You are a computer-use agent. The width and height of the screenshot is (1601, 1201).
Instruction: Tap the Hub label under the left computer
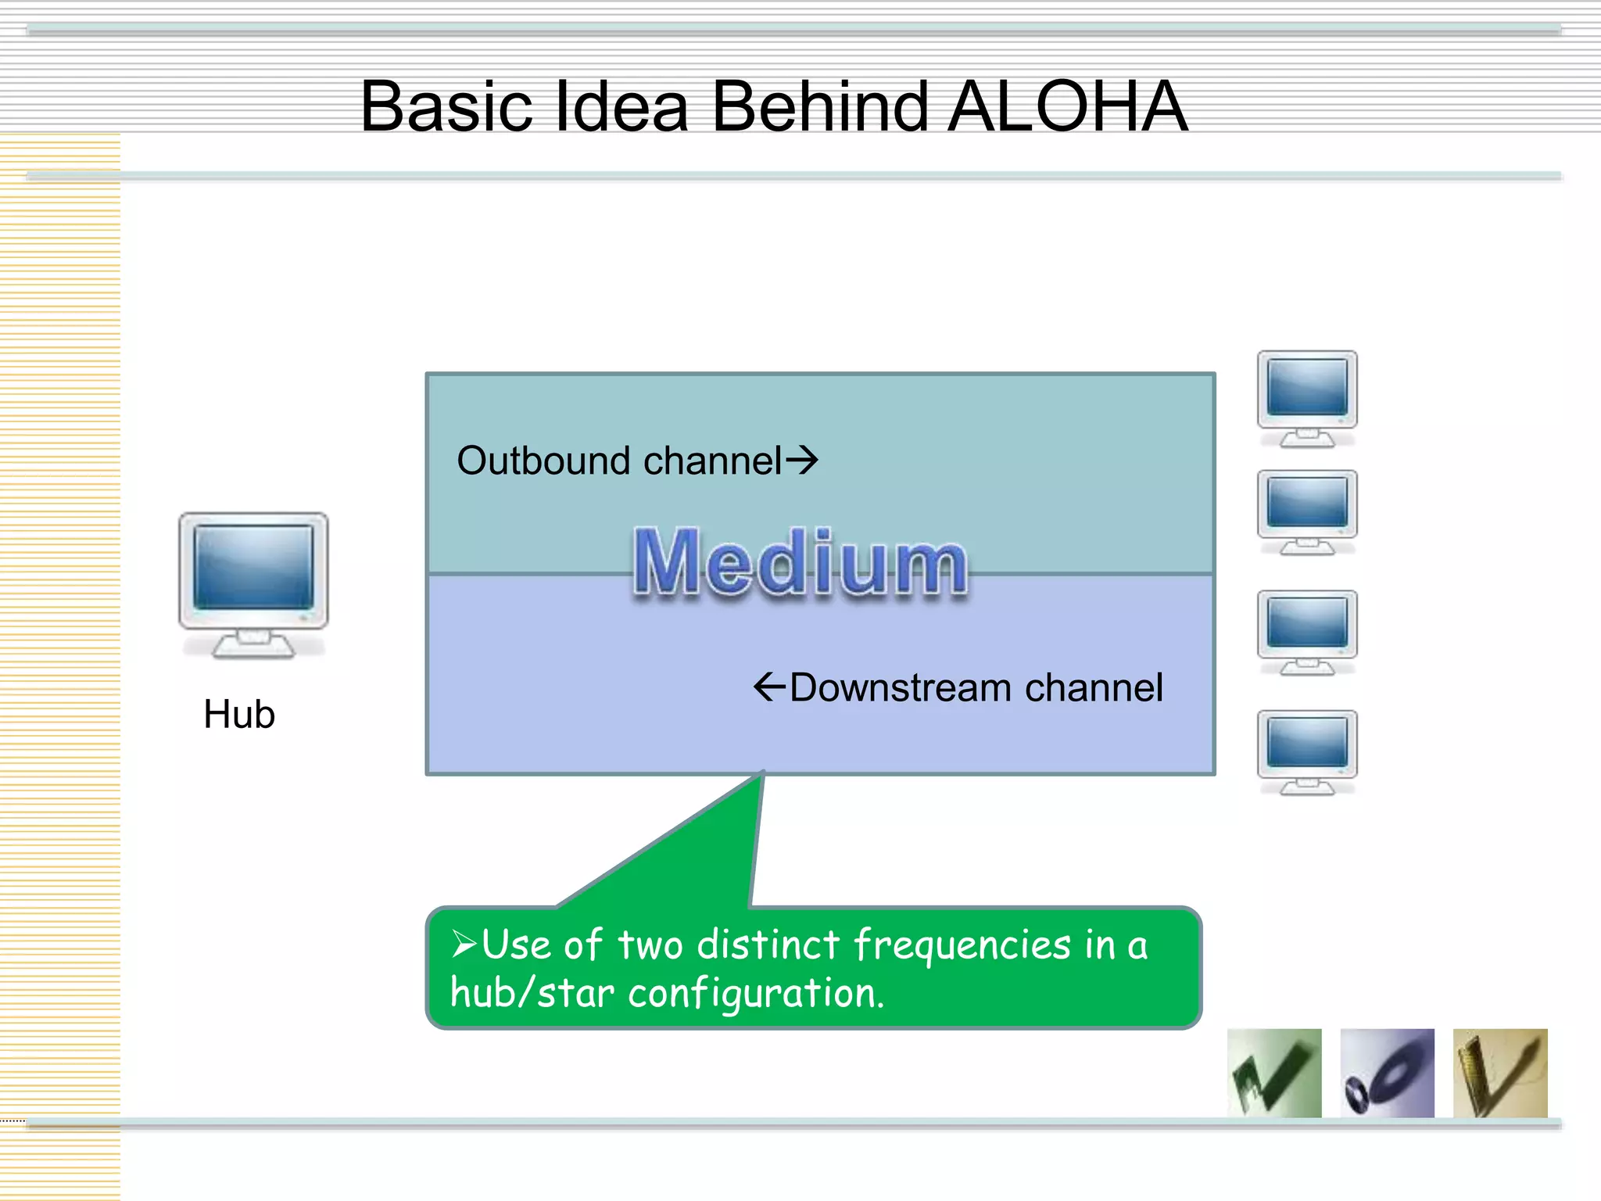pyautogui.click(x=239, y=714)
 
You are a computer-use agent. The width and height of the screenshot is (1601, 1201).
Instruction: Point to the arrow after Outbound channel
pyautogui.click(x=802, y=460)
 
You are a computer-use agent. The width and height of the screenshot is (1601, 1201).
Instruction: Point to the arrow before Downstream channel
pyautogui.click(x=769, y=687)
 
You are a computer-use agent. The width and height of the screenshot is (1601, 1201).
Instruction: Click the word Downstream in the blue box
pyautogui.click(x=901, y=688)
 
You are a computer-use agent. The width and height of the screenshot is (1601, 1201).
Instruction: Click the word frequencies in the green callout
pyautogui.click(x=962, y=945)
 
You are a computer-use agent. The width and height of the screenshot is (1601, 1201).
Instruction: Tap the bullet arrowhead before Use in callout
pyautogui.click(x=464, y=945)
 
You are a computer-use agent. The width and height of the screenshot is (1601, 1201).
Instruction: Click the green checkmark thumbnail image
pyautogui.click(x=1274, y=1073)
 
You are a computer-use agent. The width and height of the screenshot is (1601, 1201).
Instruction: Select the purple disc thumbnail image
pyautogui.click(x=1387, y=1073)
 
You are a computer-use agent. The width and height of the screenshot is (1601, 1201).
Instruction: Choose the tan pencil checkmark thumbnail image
pyautogui.click(x=1499, y=1073)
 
